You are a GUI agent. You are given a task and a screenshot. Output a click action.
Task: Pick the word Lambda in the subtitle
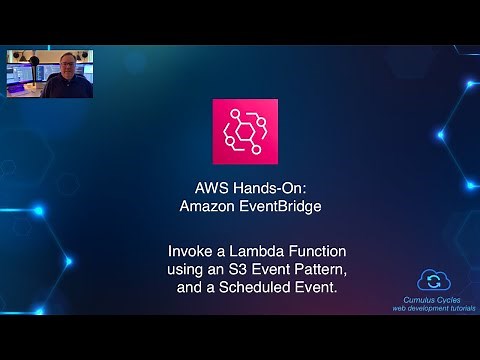pyautogui.click(x=233, y=246)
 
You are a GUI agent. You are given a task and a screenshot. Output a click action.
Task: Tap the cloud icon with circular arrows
pyautogui.click(x=434, y=279)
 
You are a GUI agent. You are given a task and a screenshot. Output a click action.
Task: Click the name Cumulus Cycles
pyautogui.click(x=434, y=298)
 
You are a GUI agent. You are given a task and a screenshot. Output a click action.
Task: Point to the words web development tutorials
pyautogui.click(x=434, y=308)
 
